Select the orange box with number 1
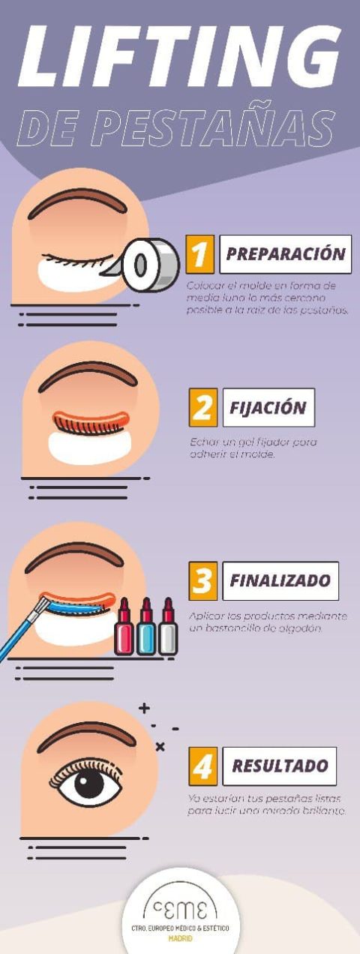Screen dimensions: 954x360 [199, 253]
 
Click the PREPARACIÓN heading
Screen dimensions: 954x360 [286, 253]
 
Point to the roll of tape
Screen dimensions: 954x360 [151, 263]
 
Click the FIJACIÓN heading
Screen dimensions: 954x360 [268, 408]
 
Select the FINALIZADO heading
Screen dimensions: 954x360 [280, 580]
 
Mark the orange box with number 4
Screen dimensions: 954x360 [202, 766]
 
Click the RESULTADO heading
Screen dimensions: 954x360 [280, 766]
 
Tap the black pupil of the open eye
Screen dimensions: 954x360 [89, 783]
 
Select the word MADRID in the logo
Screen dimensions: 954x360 [180, 937]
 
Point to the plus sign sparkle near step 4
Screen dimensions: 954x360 [144, 708]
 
